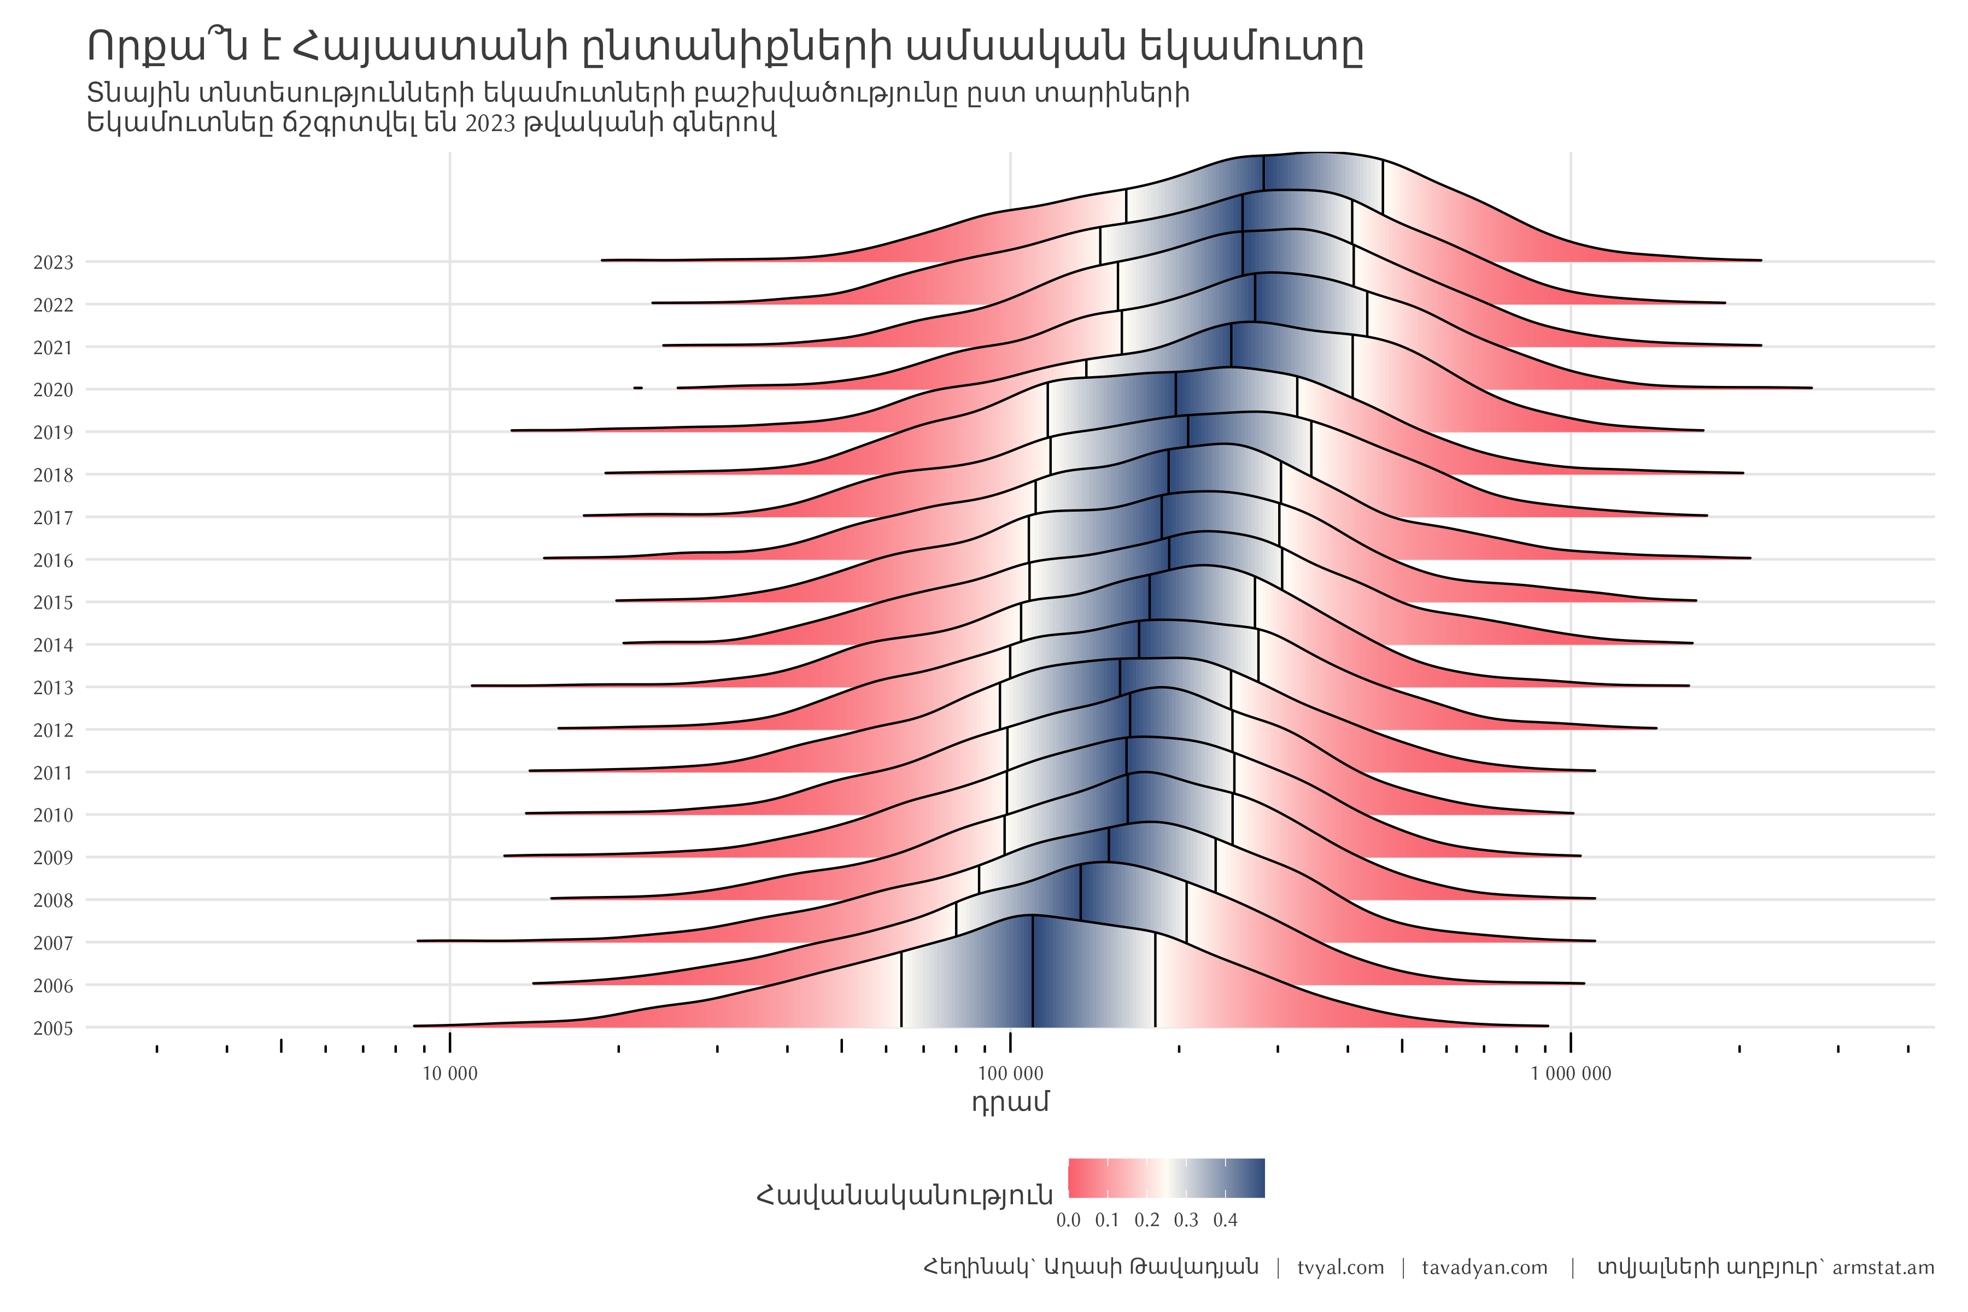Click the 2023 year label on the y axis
(x=52, y=263)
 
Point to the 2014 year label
(x=52, y=645)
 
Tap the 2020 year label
(x=52, y=390)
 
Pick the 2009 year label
(x=52, y=858)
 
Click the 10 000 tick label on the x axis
(x=449, y=1074)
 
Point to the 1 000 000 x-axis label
(x=1571, y=1074)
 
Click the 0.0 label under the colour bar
(x=1069, y=1220)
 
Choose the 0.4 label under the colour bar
(x=1225, y=1220)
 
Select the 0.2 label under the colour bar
(x=1147, y=1220)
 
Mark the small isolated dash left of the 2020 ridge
(x=637, y=388)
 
